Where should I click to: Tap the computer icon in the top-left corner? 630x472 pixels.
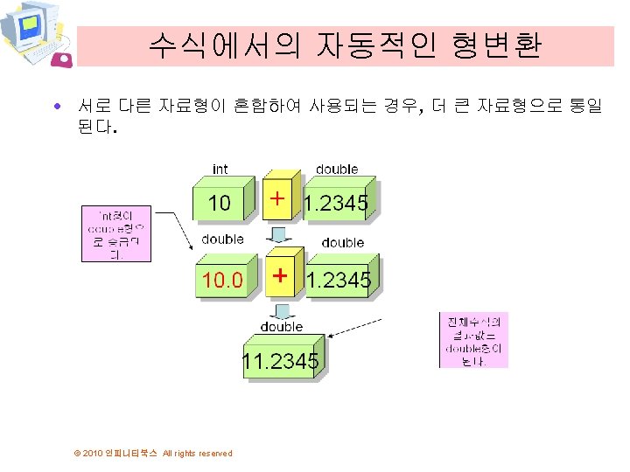coord(35,35)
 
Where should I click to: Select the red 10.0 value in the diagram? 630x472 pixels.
coord(223,280)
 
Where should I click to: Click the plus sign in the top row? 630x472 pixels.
coord(277,199)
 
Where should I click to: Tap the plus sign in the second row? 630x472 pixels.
coord(280,275)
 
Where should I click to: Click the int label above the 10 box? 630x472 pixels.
coord(221,169)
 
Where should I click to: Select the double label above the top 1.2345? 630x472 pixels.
coord(337,169)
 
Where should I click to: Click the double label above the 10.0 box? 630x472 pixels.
coord(222,239)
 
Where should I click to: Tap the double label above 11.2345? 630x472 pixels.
coord(281,326)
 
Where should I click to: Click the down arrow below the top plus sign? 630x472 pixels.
coord(279,233)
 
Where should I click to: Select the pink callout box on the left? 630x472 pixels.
coord(116,233)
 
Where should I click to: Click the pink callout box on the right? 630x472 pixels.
coord(473,340)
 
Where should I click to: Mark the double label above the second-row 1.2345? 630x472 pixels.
coord(343,242)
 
